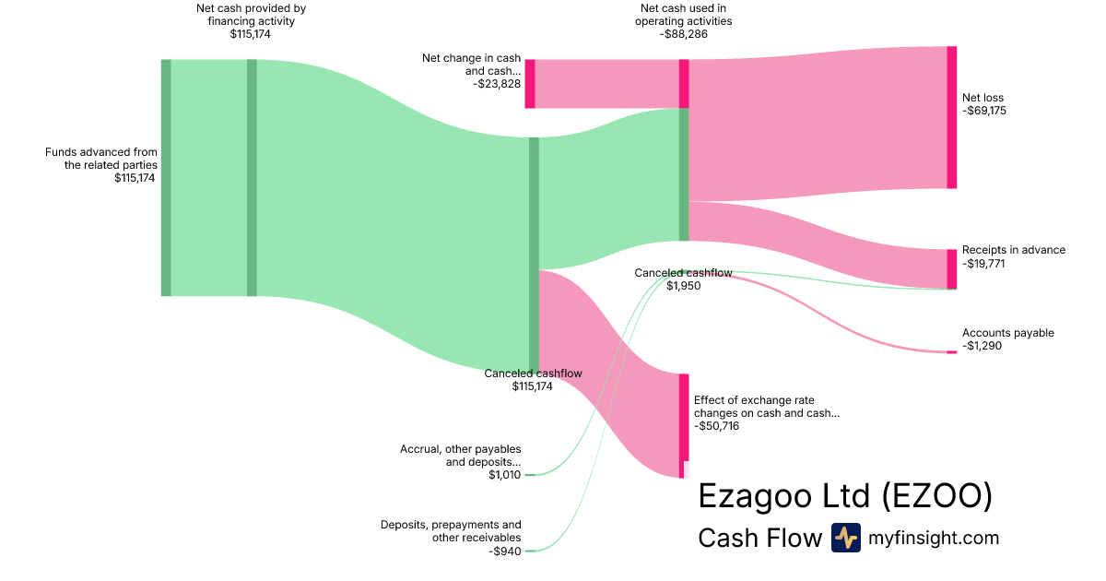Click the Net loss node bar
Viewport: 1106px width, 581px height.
coord(951,117)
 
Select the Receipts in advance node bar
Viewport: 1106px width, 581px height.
coord(951,268)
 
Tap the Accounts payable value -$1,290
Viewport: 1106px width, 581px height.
coord(982,346)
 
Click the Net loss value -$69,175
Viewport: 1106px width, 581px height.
coord(983,111)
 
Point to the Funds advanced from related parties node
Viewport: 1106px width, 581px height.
coord(166,177)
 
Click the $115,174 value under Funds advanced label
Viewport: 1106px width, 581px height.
coord(135,178)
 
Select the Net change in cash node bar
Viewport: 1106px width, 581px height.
coord(530,84)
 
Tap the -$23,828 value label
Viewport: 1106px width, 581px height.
coord(497,83)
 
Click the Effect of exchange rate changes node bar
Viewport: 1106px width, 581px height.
coord(684,425)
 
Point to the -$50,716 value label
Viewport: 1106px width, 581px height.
coord(716,426)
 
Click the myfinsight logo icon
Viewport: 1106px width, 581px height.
coord(845,538)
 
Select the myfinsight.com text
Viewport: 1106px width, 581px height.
coord(934,538)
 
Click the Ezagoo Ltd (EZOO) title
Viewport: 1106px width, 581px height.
coord(845,495)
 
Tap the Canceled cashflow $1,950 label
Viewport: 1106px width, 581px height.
coord(683,279)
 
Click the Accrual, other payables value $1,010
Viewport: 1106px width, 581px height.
coord(504,475)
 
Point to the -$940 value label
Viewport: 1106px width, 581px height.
coord(504,551)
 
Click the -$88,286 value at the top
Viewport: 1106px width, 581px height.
coord(684,35)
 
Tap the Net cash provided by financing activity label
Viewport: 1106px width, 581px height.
coord(251,15)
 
